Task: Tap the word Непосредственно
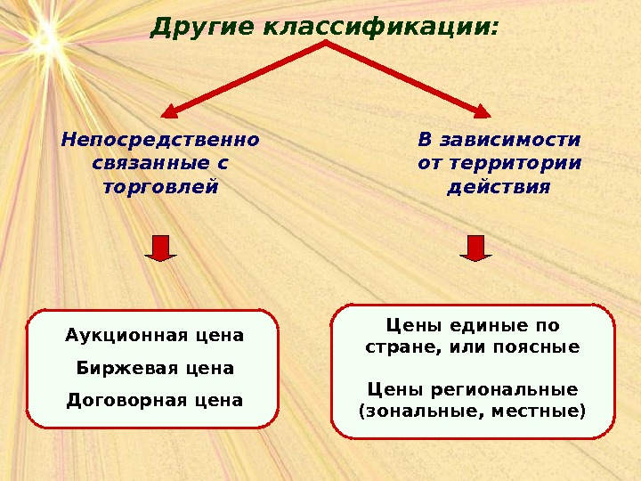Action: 160,140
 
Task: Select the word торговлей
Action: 160,187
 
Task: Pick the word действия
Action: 498,188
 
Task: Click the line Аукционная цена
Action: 154,336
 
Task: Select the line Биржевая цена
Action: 154,368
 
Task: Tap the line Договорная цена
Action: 154,400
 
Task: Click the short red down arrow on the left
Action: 160,248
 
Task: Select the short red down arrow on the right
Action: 475,248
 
